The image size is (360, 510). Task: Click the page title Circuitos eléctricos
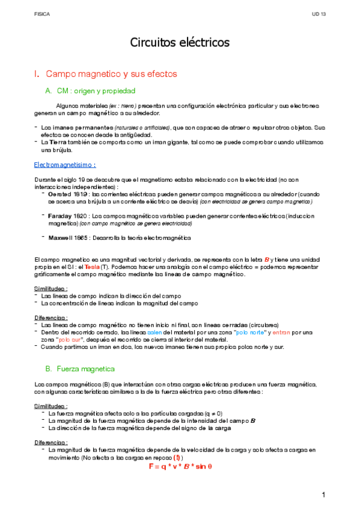click(180, 43)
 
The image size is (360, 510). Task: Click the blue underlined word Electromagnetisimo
click(66, 164)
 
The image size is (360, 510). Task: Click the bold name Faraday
click(61, 215)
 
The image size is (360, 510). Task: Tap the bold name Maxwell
click(61, 238)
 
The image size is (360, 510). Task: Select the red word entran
click(281, 331)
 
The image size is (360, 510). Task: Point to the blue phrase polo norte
click(249, 331)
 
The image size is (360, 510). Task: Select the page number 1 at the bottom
click(323, 494)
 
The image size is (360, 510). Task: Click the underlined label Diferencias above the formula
click(50, 442)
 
